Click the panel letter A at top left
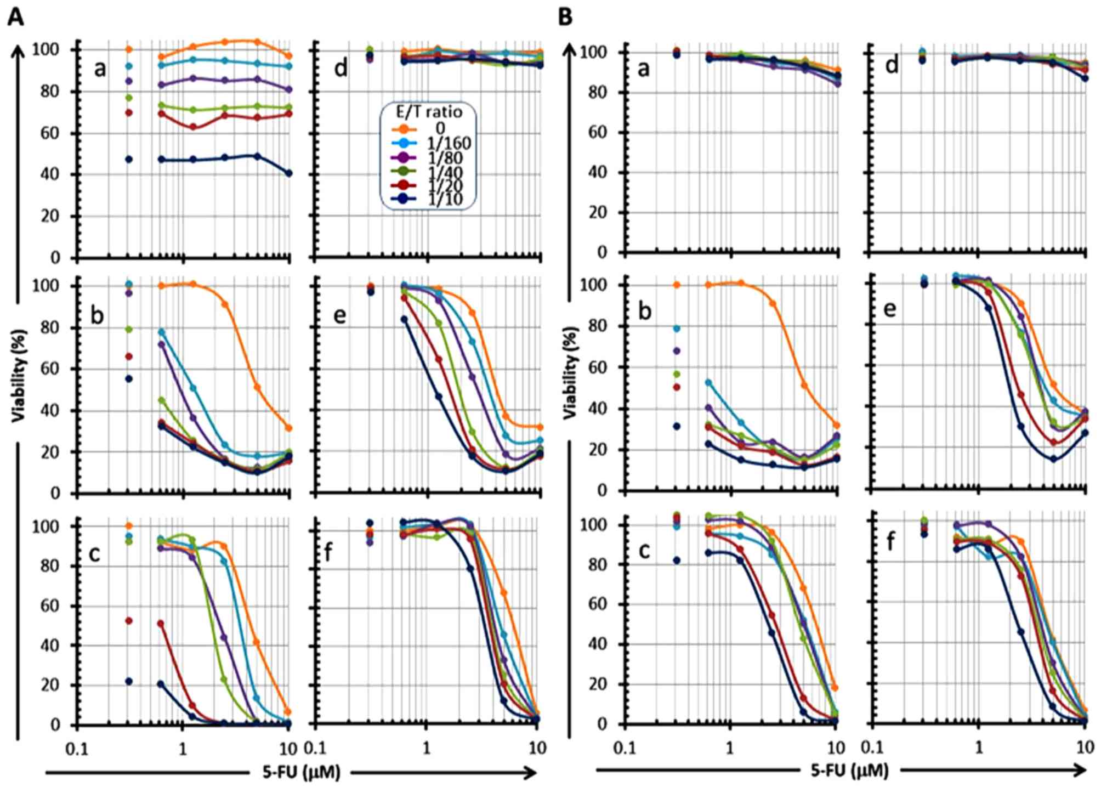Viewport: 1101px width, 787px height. (x=15, y=17)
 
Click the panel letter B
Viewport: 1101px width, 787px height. (x=565, y=17)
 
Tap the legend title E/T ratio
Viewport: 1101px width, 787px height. (x=429, y=112)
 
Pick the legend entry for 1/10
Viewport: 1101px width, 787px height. (x=445, y=199)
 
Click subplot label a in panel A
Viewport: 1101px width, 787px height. (x=100, y=69)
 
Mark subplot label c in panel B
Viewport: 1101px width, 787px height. (x=644, y=550)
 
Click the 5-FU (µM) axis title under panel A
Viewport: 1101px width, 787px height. (x=301, y=773)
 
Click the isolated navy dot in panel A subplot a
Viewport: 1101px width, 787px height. (x=129, y=160)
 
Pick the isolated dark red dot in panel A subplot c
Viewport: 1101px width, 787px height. (x=129, y=621)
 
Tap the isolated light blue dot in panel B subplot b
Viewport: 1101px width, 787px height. (x=677, y=329)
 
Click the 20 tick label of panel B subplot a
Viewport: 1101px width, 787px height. (x=598, y=213)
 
